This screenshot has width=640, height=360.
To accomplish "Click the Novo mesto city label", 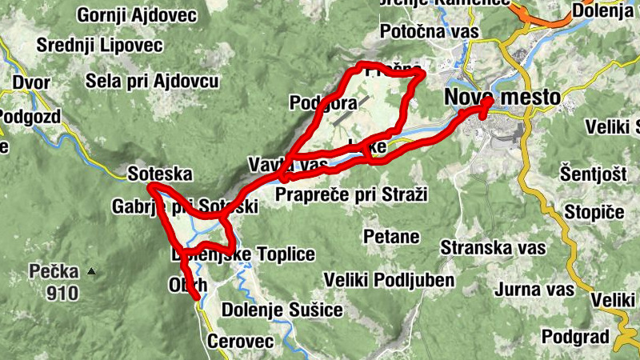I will pyautogui.click(x=502, y=98).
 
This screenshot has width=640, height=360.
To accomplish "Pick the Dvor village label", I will pyautogui.click(x=31, y=82).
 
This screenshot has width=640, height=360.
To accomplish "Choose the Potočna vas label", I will pyautogui.click(x=430, y=32).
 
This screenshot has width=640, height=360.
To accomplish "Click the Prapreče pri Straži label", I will pyautogui.click(x=352, y=194).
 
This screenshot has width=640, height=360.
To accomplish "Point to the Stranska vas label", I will pyautogui.click(x=487, y=247).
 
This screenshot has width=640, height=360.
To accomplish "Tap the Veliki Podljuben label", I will pyautogui.click(x=390, y=280).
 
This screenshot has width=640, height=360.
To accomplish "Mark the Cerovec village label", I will pyautogui.click(x=240, y=342).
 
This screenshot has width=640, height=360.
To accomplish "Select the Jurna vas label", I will pyautogui.click(x=534, y=289).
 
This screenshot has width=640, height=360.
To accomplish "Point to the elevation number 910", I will pyautogui.click(x=62, y=293).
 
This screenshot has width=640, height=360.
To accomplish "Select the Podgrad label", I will pyautogui.click(x=575, y=335).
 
